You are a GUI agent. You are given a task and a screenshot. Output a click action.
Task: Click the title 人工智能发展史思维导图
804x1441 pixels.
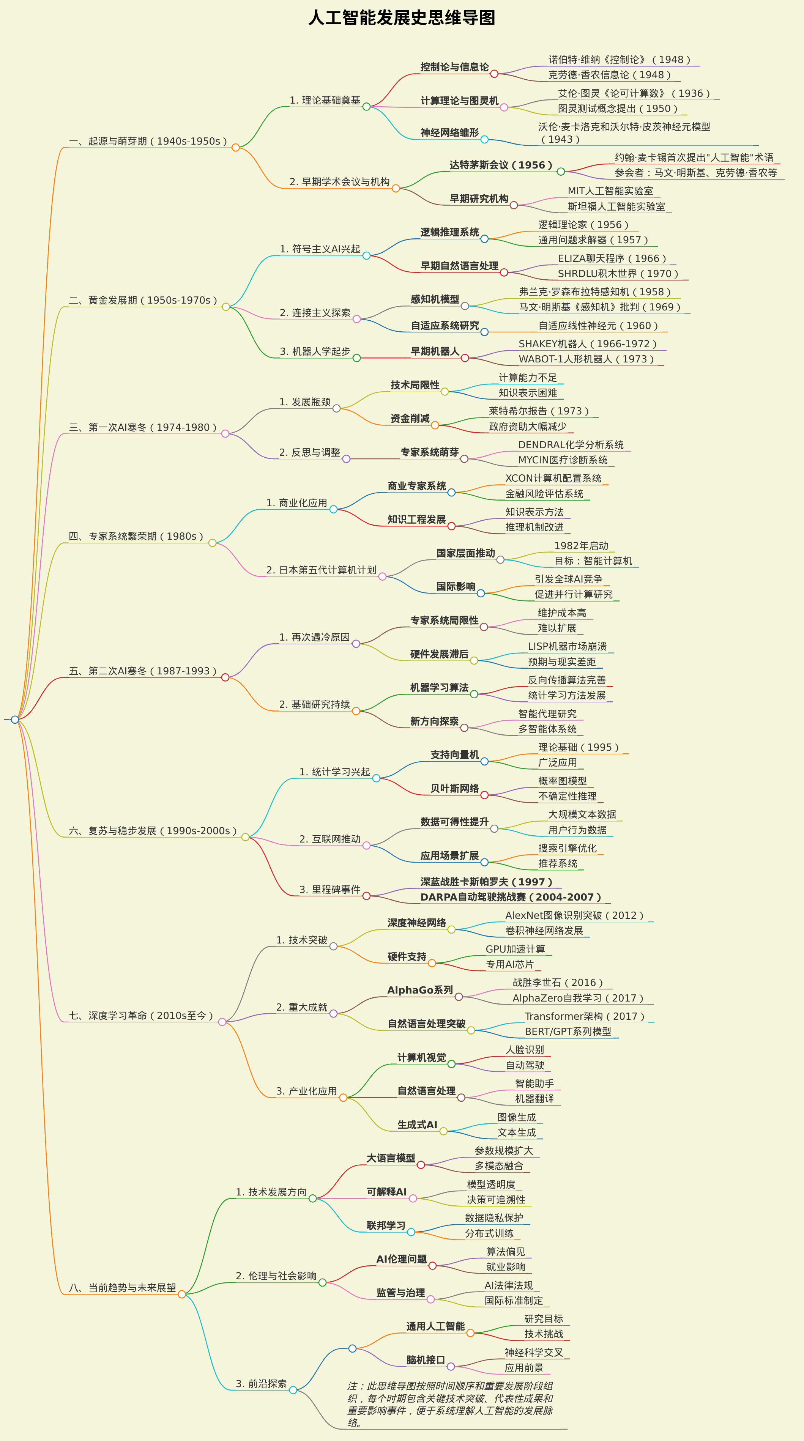(402, 17)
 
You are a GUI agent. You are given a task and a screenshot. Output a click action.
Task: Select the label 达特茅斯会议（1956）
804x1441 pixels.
(501, 165)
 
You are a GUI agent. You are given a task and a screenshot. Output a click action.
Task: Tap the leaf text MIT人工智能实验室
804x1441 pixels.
(610, 191)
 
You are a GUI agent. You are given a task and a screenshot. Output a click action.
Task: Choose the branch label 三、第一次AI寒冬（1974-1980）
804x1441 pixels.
(143, 427)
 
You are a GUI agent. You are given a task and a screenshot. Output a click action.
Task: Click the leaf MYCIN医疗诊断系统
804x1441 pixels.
(563, 460)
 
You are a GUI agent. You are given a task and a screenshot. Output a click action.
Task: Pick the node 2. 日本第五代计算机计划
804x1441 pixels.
(321, 570)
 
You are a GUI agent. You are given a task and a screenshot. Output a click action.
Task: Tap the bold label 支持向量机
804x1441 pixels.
(454, 754)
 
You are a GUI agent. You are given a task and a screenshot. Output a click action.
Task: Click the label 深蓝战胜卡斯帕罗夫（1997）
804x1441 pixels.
(487, 882)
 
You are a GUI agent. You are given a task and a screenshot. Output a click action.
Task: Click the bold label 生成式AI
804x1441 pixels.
(418, 1125)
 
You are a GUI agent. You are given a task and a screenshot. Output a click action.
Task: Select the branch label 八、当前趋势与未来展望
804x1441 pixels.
(123, 1288)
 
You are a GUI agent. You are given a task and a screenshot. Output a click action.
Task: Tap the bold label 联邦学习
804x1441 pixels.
(386, 1226)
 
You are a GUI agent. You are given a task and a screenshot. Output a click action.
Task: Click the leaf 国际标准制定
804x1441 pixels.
(514, 1301)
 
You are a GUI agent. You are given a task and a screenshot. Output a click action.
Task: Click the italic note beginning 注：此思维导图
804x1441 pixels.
(450, 1404)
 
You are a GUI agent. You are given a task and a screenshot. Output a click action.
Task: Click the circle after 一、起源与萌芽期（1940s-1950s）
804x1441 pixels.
(236, 148)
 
